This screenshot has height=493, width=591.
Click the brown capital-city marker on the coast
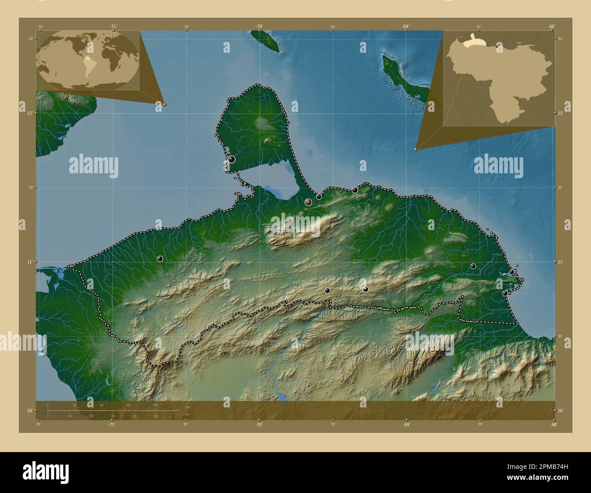coord(308,202)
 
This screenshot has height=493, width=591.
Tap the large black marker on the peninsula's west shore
coord(232,159)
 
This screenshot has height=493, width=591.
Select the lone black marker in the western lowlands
coord(160,259)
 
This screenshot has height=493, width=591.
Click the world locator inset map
coord(88,60)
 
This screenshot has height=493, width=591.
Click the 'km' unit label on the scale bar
coord(188,407)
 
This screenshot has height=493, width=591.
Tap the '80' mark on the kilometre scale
coord(155,405)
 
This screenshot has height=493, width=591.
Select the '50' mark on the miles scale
coord(156,416)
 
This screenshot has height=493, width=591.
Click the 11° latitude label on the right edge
coord(561,262)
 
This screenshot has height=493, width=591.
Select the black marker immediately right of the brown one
coord(319,197)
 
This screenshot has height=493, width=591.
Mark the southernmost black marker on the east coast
coord(505,293)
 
